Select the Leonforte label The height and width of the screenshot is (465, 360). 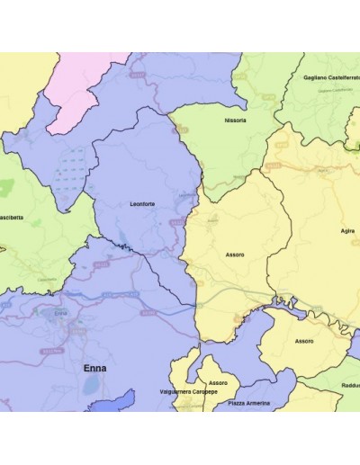[x=142, y=204]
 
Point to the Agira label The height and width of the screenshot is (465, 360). [x=347, y=230]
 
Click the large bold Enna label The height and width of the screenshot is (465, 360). [x=94, y=368]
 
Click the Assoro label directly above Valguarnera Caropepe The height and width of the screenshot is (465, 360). [x=219, y=383]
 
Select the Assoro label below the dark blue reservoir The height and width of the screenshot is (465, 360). [x=304, y=341]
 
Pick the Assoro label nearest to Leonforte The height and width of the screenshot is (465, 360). [x=234, y=255]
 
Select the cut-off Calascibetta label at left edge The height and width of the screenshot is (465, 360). [x=13, y=218]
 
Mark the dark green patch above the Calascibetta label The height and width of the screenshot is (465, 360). [x=7, y=189]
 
